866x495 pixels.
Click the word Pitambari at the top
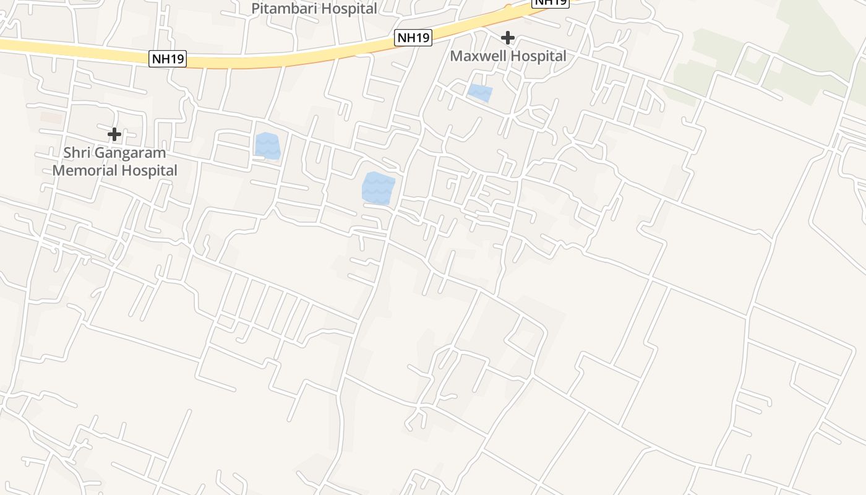(282, 9)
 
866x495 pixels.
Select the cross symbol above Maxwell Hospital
(508, 38)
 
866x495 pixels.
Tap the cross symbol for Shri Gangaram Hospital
(114, 134)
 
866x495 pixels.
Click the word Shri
(77, 153)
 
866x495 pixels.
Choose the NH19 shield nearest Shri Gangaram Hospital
(168, 59)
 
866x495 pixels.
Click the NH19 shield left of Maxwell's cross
(413, 38)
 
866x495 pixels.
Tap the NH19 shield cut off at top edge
(551, 2)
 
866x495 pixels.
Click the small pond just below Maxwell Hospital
(480, 93)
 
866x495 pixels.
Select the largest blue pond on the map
(378, 188)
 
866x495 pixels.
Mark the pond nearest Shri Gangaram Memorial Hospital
(267, 146)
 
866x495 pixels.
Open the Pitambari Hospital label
(314, 9)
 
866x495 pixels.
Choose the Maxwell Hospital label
(508, 56)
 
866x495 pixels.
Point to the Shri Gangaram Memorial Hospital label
(115, 161)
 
